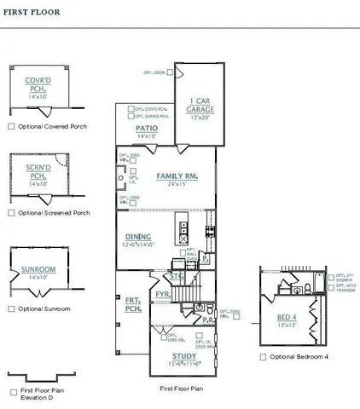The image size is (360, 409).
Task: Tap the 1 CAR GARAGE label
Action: tap(200, 106)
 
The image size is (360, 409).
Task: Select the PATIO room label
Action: tap(147, 128)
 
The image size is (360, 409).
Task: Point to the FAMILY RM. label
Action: tap(177, 176)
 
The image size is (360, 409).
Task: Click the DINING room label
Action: tap(138, 237)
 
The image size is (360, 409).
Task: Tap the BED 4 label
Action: tap(287, 316)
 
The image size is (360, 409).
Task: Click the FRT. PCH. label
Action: tap(132, 305)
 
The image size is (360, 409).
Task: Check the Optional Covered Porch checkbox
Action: tap(11, 126)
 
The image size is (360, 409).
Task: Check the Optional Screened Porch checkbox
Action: tap(11, 212)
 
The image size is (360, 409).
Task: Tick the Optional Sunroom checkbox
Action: tap(11, 308)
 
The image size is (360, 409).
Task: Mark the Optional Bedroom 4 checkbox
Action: tap(263, 357)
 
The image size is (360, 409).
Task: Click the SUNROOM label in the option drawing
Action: tap(38, 269)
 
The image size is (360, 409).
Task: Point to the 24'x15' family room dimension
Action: tap(177, 184)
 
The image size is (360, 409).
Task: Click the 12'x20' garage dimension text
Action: tap(200, 118)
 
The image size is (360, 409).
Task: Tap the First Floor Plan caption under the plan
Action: tap(181, 388)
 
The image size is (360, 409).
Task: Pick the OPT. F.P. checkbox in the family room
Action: tap(122, 181)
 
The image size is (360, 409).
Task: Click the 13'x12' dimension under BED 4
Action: tap(287, 325)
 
